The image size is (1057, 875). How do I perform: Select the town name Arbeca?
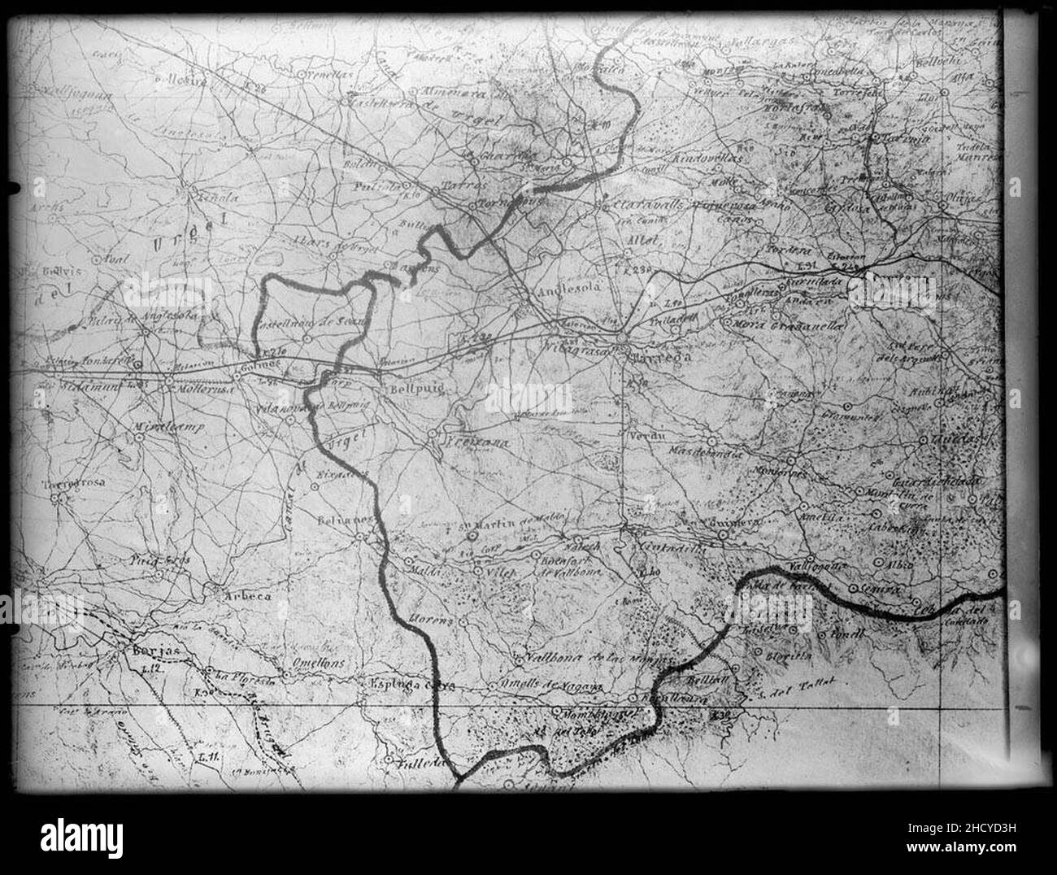click(x=247, y=598)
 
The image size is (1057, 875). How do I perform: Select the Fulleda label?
click(x=421, y=764)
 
